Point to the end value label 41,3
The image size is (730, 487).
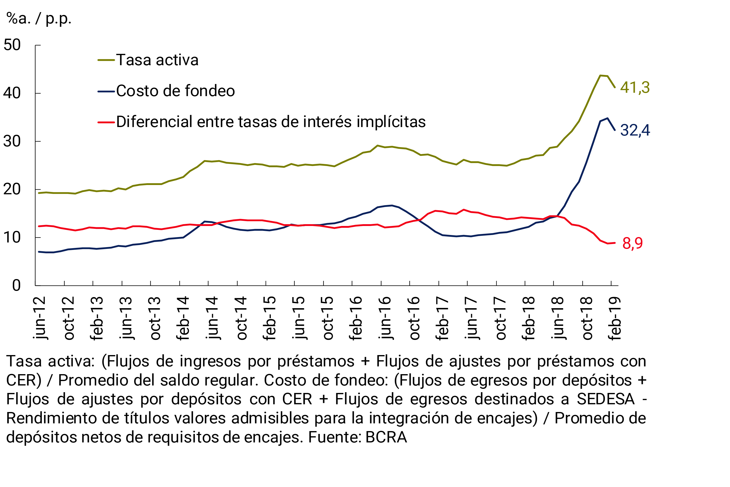click(635, 87)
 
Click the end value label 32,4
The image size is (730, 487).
click(635, 130)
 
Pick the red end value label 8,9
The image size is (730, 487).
click(632, 243)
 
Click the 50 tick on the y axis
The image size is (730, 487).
click(12, 45)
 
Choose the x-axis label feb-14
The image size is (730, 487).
click(183, 318)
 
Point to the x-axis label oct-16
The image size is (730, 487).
click(414, 318)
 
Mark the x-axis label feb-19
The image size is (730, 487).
click(615, 318)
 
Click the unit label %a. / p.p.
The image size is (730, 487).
click(39, 19)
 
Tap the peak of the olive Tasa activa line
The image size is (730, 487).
click(600, 75)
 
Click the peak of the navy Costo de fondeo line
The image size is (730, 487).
click(607, 118)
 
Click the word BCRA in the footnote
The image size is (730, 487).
click(386, 437)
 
